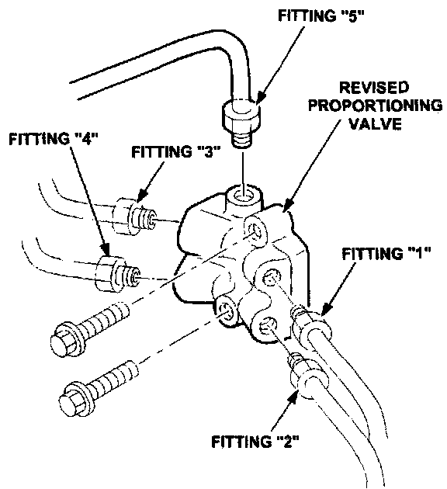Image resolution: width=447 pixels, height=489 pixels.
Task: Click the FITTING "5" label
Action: click(321, 16)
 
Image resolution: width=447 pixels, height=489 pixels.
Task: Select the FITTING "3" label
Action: click(176, 152)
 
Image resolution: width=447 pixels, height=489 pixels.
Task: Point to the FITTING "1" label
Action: click(386, 253)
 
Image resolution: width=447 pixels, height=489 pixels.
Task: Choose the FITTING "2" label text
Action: click(255, 442)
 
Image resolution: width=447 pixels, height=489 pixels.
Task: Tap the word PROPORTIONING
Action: click(376, 106)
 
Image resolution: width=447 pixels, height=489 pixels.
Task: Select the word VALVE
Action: click(375, 123)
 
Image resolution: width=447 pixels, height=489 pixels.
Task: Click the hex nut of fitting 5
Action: click(241, 116)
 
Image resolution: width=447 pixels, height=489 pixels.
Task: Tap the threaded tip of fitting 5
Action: click(242, 140)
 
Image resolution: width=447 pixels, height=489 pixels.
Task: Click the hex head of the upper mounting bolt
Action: click(65, 338)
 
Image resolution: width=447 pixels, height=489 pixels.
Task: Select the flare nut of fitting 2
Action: click(309, 378)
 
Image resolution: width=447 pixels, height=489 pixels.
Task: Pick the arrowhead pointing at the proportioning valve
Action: click(288, 206)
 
